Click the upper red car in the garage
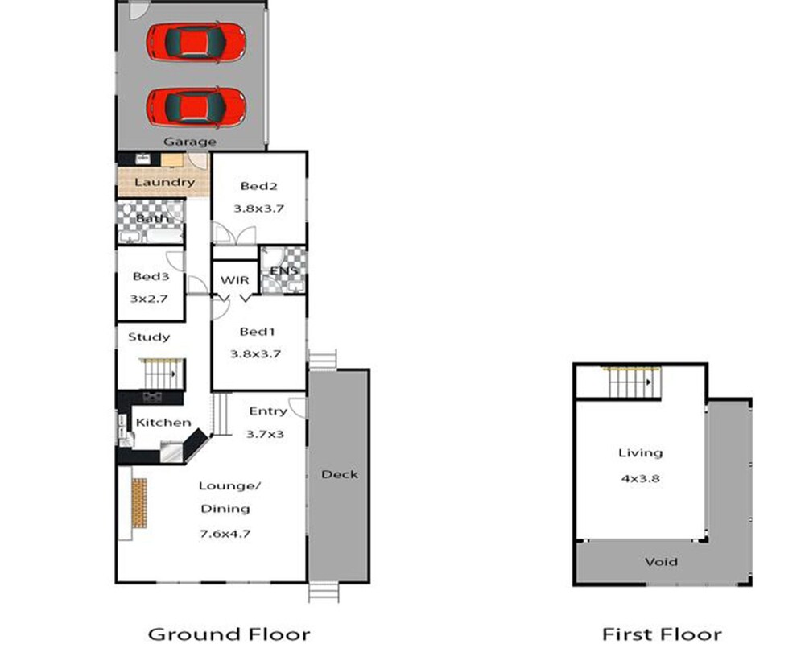pyautogui.click(x=196, y=42)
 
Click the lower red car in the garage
pyautogui.click(x=196, y=107)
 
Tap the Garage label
pyautogui.click(x=189, y=142)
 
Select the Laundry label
pyautogui.click(x=164, y=182)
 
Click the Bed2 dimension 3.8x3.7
pyautogui.click(x=258, y=209)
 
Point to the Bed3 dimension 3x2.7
pyautogui.click(x=149, y=299)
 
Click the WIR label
pyautogui.click(x=234, y=280)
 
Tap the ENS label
pyautogui.click(x=284, y=270)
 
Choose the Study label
pyautogui.click(x=149, y=337)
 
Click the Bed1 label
pyautogui.click(x=258, y=332)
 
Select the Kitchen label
pyautogui.click(x=163, y=423)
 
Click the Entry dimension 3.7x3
pyautogui.click(x=265, y=435)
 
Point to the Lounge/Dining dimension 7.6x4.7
pyautogui.click(x=225, y=534)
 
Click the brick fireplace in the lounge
pyautogui.click(x=139, y=503)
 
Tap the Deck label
pyautogui.click(x=340, y=474)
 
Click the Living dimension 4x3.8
pyautogui.click(x=640, y=478)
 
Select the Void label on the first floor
pyautogui.click(x=661, y=562)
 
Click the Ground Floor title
pyautogui.click(x=229, y=634)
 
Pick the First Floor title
pyautogui.click(x=662, y=634)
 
